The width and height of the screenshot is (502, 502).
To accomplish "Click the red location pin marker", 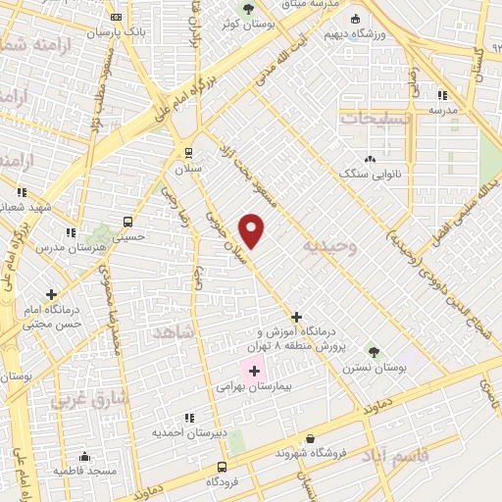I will point(253,229).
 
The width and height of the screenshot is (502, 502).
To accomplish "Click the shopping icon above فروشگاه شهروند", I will point(312,438).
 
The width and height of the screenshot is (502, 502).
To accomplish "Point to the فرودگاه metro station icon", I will point(224,467).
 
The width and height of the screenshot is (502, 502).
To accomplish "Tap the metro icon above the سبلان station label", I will point(189,153).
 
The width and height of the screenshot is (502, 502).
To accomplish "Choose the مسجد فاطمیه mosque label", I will point(84,471).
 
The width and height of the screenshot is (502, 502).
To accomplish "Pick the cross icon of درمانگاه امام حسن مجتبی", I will point(51,293).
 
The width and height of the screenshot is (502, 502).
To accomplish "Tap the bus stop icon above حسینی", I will point(128,222).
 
